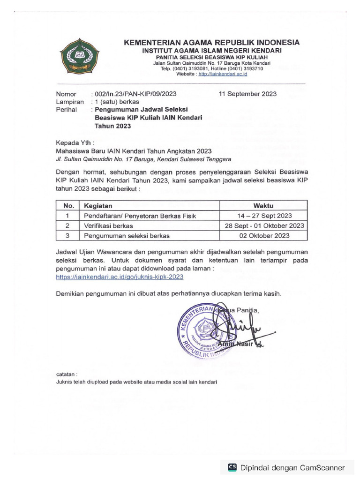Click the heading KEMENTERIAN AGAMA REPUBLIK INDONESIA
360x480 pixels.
coord(212,43)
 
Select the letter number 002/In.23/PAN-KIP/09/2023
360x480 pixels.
coord(135,94)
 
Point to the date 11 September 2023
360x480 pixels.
coord(247,94)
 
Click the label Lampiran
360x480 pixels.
coord(70,102)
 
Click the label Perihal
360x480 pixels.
coord(67,110)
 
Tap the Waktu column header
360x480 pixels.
coord(264,205)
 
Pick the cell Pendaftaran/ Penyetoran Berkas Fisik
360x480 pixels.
coord(139,216)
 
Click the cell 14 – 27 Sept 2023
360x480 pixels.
coord(264,216)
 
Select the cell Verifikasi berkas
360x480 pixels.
coord(109,225)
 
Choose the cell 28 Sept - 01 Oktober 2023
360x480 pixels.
coord(264,225)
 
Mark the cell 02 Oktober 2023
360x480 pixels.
coord(264,235)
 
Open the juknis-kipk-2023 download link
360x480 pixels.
coord(120,277)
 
